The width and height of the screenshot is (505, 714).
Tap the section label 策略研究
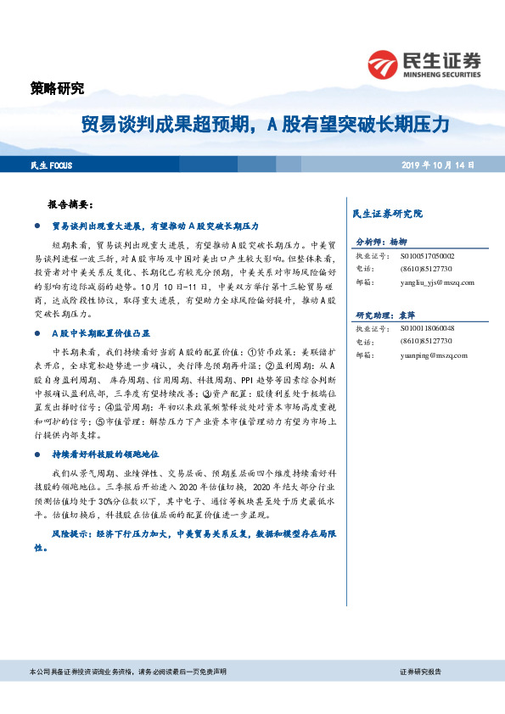[57, 87]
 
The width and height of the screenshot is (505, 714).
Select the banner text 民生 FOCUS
[50, 165]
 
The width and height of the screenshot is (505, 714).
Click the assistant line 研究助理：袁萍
[387, 314]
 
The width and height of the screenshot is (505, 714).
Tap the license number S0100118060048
[429, 328]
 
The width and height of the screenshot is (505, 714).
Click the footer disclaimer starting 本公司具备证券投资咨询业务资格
[127, 671]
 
